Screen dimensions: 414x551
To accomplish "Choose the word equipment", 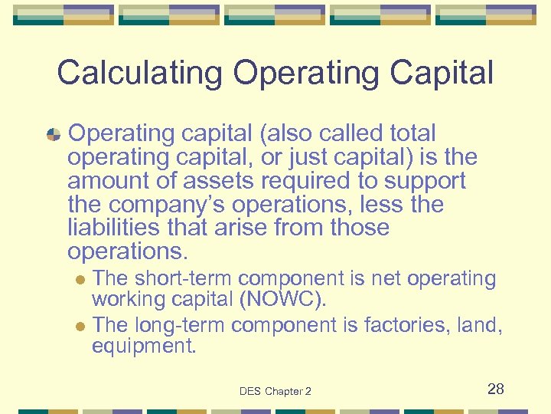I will pyautogui.click(x=144, y=347).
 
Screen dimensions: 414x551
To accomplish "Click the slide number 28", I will pyautogui.click(x=496, y=389).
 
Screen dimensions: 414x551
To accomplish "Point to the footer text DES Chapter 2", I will pyautogui.click(x=275, y=391).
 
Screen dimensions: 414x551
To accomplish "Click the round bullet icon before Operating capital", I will pyautogui.click(x=54, y=134).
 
